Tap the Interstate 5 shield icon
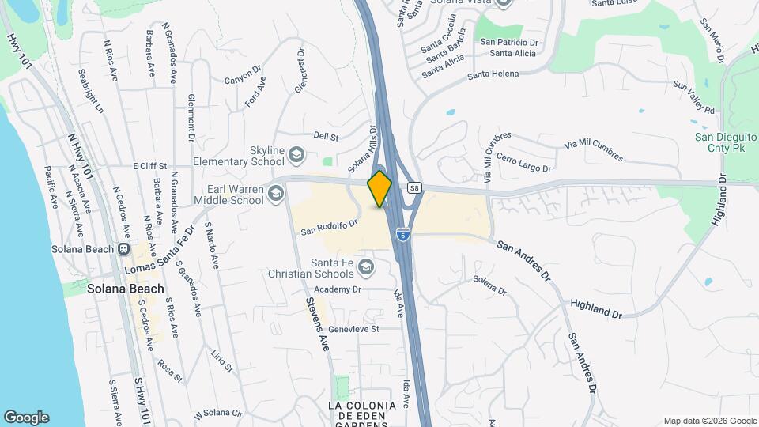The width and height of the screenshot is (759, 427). point(404,235)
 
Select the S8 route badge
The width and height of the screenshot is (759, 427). point(413,188)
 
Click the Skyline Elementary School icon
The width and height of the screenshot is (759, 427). point(296,153)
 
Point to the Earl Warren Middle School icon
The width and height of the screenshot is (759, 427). point(275,193)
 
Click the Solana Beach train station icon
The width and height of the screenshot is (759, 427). point(123,248)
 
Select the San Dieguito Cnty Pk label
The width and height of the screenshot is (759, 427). point(726,142)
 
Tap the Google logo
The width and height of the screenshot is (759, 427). point(26,417)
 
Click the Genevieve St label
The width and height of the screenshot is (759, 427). point(354,328)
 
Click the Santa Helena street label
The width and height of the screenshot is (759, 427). point(493,74)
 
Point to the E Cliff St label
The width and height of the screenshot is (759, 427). point(149,166)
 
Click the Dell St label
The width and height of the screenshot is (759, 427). point(326,137)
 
